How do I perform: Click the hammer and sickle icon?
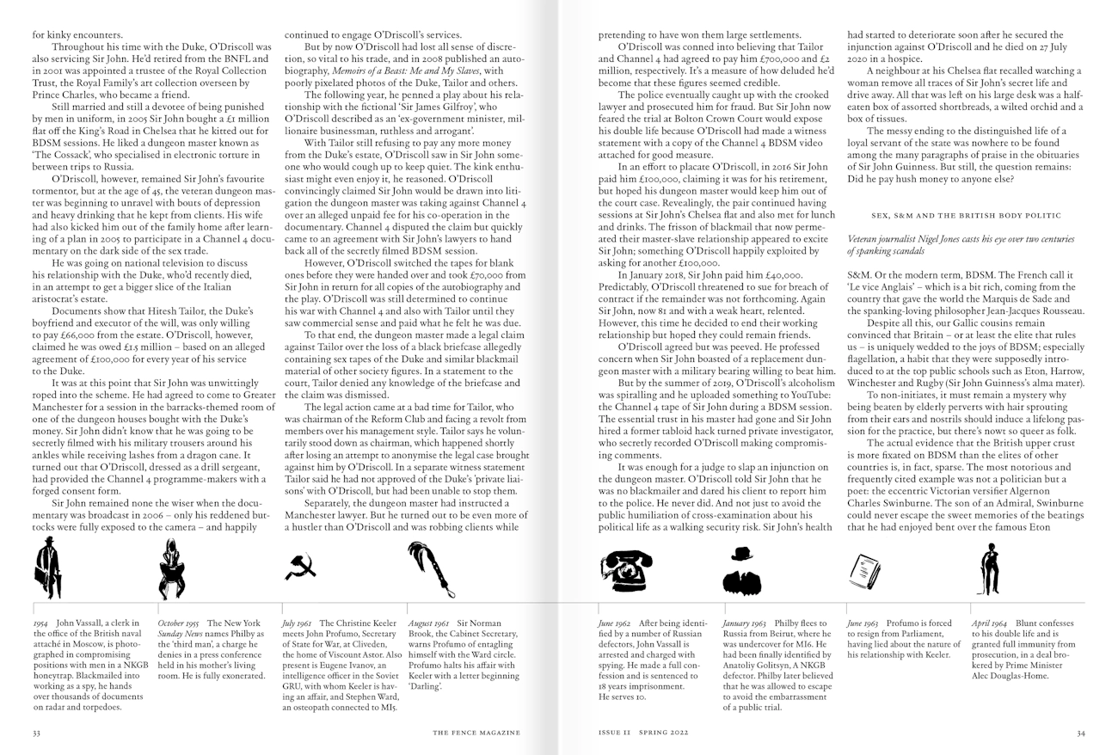pyautogui.click(x=299, y=567)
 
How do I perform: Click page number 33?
pyautogui.click(x=36, y=733)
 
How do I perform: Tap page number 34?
pyautogui.click(x=1081, y=733)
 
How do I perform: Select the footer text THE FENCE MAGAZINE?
pyautogui.click(x=476, y=733)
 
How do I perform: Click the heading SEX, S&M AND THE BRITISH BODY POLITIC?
pyautogui.click(x=965, y=208)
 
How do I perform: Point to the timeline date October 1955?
pyautogui.click(x=178, y=623)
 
